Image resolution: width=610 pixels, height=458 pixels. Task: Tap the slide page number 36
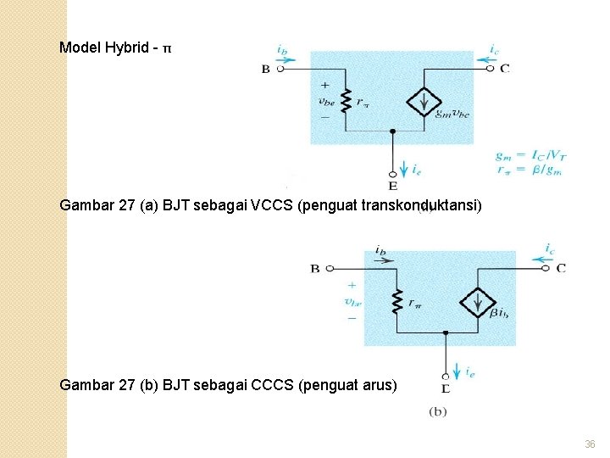pos(590,444)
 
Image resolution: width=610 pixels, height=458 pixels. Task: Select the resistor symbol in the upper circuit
pos(345,101)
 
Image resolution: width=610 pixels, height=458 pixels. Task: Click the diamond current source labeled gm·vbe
pos(421,101)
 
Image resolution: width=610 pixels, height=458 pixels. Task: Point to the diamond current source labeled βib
pos(478,303)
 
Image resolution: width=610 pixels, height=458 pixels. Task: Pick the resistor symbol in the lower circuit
pos(395,302)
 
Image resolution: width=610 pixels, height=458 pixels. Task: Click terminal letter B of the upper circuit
pos(266,70)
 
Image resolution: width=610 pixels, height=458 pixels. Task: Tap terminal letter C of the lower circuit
pos(561,268)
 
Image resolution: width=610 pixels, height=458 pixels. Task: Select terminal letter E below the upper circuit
pos(392,185)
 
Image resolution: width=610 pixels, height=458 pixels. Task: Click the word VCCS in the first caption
pos(268,204)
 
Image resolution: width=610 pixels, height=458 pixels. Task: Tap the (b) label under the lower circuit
pos(439,411)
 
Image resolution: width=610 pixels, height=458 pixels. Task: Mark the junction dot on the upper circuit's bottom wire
pos(392,131)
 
